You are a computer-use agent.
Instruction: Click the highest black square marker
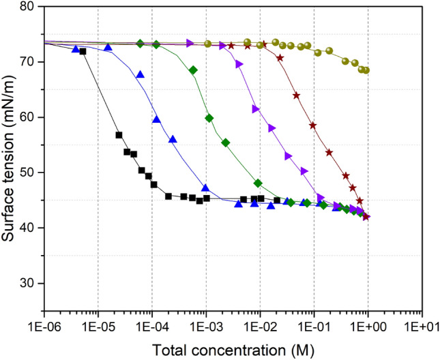pyautogui.click(x=83, y=52)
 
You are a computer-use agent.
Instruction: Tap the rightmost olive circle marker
pyautogui.click(x=366, y=70)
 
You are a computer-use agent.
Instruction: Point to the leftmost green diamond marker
pyautogui.click(x=141, y=44)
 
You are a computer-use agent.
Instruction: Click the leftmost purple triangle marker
pyautogui.click(x=190, y=44)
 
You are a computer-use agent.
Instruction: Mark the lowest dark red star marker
pyautogui.click(x=366, y=217)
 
